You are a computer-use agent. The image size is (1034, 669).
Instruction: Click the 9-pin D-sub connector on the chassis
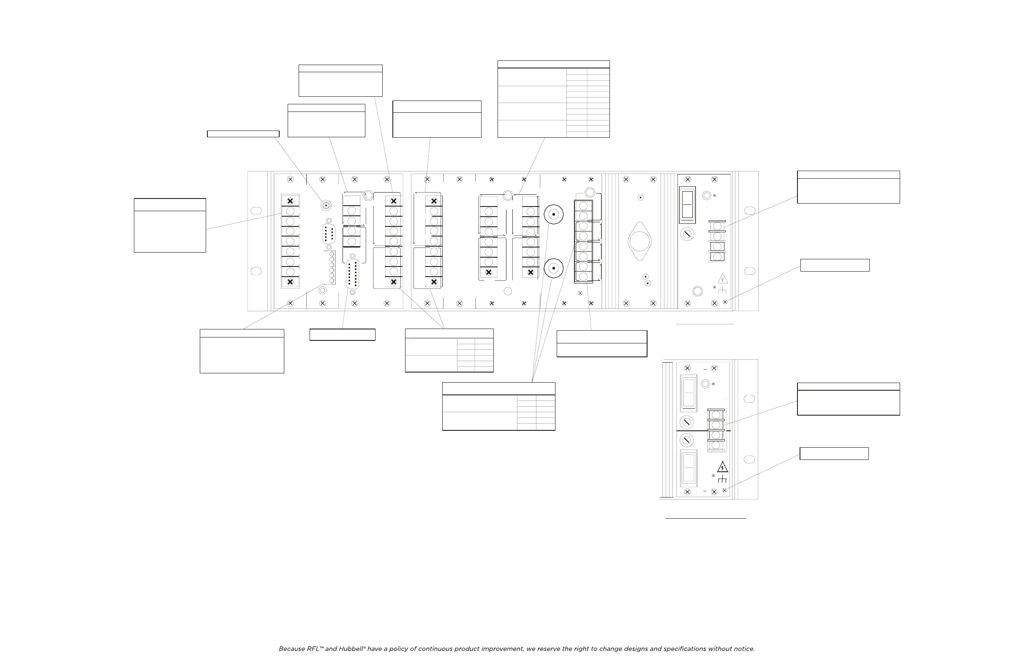click(x=329, y=234)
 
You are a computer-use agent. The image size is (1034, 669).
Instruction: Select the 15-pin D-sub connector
click(x=352, y=274)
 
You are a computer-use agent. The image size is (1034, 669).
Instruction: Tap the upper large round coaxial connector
click(x=553, y=214)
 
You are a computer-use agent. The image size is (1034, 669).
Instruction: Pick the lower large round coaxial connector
click(x=553, y=269)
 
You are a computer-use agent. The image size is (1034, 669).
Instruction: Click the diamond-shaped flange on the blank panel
click(x=639, y=241)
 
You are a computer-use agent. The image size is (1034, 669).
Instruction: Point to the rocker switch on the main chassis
click(x=687, y=204)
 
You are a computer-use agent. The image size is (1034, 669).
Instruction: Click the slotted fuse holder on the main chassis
click(x=687, y=234)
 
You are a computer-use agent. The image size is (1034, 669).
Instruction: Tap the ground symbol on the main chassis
click(x=722, y=290)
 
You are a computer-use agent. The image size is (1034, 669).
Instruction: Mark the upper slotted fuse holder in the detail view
click(x=686, y=422)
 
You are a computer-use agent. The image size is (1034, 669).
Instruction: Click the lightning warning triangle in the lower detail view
click(x=722, y=468)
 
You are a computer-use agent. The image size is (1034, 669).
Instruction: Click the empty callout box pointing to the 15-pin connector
click(x=343, y=334)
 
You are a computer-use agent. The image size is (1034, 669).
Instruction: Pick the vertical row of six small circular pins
click(x=332, y=267)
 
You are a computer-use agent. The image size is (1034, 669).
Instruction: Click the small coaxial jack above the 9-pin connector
click(x=325, y=204)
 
